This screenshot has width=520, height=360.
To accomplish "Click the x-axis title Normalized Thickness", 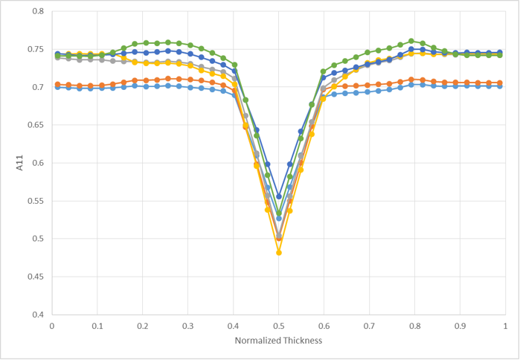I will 278,341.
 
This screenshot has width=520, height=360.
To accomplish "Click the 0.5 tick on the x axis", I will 278,326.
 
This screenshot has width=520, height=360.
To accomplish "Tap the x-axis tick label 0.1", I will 97,326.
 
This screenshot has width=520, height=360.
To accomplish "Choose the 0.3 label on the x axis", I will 187,326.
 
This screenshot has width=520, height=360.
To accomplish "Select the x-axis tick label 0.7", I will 369,326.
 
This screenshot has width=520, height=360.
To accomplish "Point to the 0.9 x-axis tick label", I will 460,326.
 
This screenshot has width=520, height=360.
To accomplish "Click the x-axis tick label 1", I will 505,326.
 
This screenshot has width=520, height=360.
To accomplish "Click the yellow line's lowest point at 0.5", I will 279,253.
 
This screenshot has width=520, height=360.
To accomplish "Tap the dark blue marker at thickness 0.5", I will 279,196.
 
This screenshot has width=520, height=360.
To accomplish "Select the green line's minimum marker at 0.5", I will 279,213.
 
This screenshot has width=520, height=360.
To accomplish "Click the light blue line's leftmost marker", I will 57,87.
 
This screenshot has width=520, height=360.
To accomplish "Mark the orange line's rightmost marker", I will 499,83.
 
